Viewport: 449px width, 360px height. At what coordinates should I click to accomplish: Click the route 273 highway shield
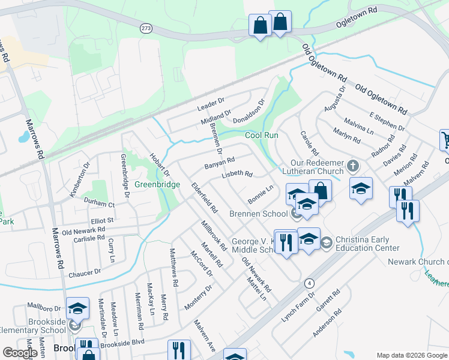(x=146, y=28)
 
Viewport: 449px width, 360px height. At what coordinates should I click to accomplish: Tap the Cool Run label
(x=262, y=135)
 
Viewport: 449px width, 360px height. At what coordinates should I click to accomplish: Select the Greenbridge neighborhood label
(x=157, y=184)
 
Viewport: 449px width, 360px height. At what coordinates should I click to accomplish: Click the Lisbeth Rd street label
(x=238, y=174)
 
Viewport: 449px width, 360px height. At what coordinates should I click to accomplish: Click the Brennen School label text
(x=258, y=214)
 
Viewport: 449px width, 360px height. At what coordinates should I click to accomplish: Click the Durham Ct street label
(x=99, y=204)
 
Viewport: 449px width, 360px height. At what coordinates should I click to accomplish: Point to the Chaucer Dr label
(x=85, y=273)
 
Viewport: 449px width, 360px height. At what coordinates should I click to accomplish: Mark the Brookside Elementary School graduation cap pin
(x=77, y=309)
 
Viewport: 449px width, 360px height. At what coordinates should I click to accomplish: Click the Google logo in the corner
(x=20, y=352)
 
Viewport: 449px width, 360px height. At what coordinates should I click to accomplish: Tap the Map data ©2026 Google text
(x=411, y=355)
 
